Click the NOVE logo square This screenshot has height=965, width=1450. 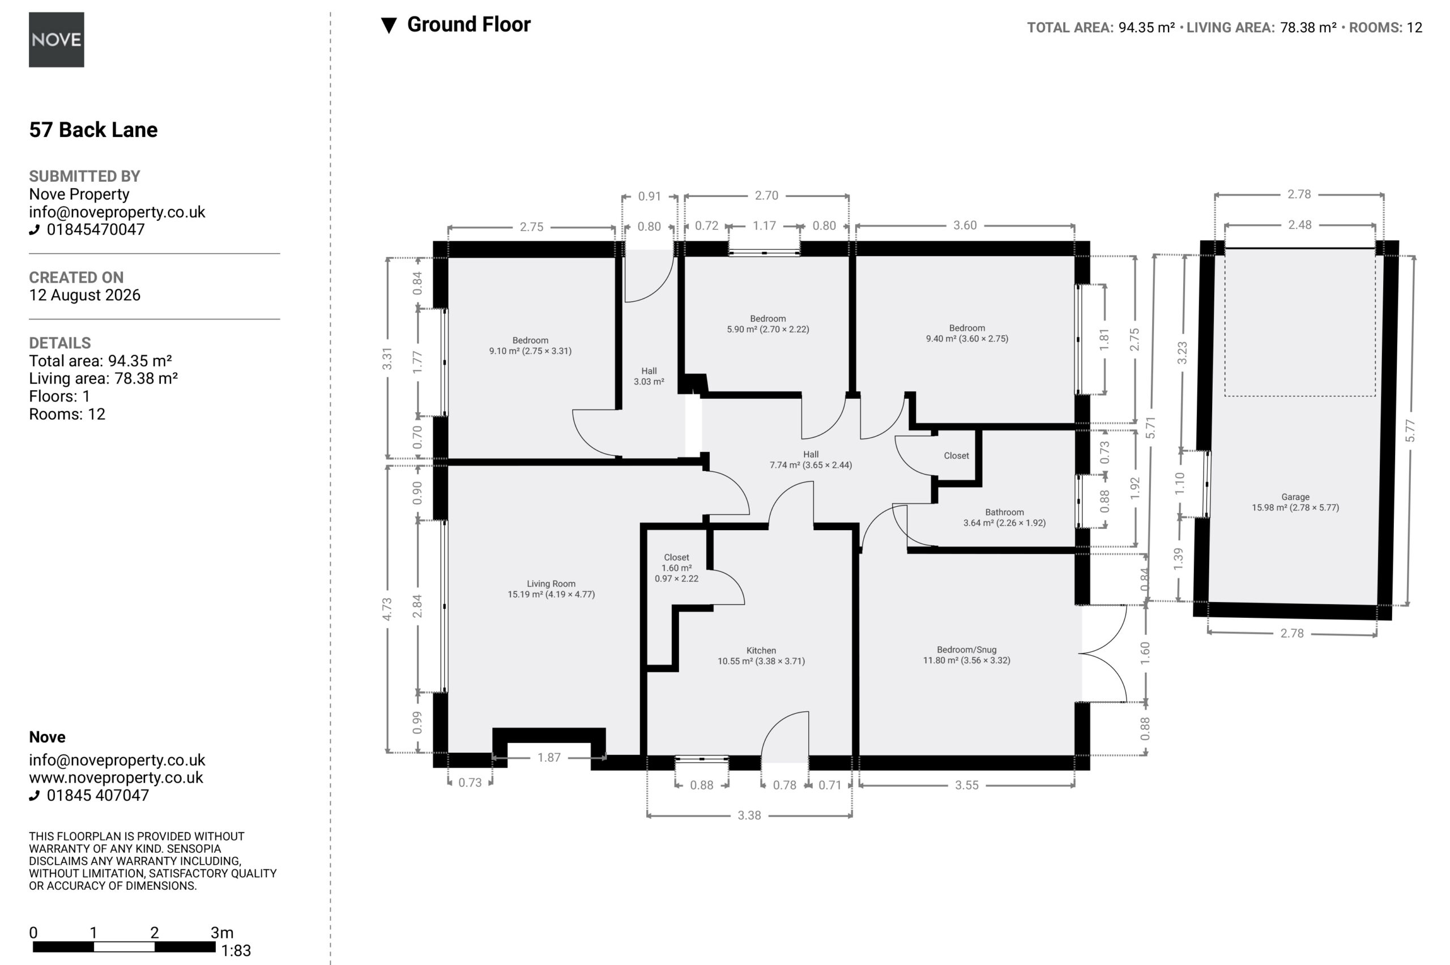click(56, 40)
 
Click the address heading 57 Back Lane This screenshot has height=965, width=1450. click(93, 130)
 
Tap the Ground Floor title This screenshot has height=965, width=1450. click(468, 24)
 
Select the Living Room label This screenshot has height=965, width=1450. click(551, 583)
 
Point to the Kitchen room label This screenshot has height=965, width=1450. click(761, 651)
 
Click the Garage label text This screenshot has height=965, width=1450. click(1295, 497)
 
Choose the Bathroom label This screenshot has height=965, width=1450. click(1004, 512)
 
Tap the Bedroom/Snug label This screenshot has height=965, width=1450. click(966, 650)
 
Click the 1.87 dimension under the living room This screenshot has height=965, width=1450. click(548, 758)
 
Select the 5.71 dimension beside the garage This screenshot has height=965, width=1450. click(1150, 427)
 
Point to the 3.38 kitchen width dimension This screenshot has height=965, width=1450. click(749, 815)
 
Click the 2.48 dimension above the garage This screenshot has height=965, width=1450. click(1299, 225)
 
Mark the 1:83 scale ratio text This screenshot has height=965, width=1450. click(236, 951)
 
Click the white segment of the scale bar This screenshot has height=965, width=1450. click(123, 946)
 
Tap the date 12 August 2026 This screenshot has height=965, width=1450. click(85, 296)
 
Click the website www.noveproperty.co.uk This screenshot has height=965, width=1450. click(116, 778)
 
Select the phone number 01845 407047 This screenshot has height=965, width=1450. click(98, 795)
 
